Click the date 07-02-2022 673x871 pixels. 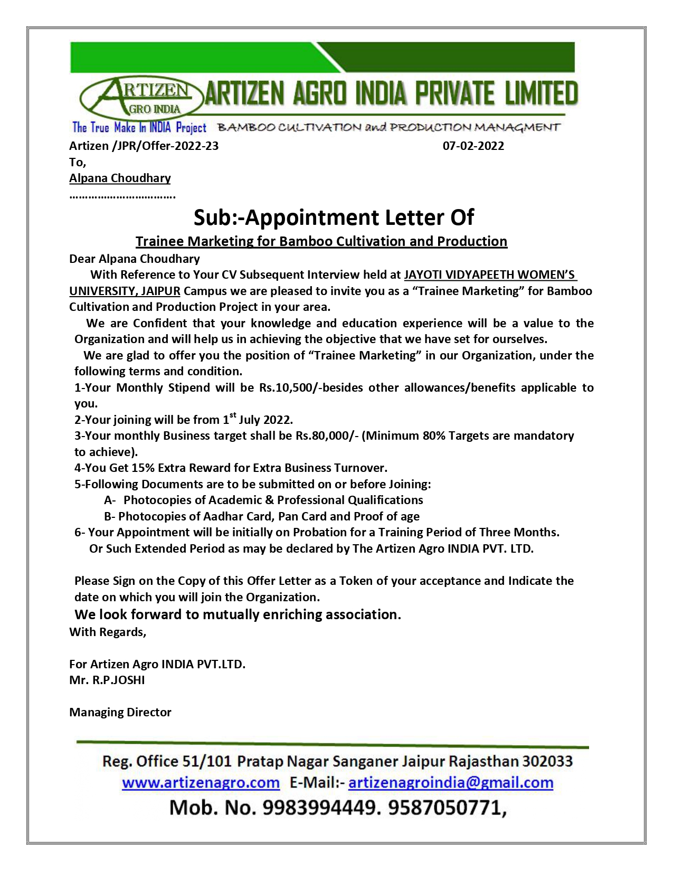click(473, 146)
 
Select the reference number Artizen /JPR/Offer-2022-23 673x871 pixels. click(144, 146)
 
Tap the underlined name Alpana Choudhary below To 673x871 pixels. click(120, 178)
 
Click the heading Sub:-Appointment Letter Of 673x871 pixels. click(334, 217)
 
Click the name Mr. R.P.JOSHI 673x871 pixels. click(107, 680)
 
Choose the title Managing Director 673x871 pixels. click(120, 712)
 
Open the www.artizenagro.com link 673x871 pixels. click(201, 782)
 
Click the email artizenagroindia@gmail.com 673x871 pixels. click(451, 782)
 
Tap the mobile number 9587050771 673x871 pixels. click(446, 808)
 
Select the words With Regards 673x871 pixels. click(107, 632)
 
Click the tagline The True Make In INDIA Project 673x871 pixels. click(139, 127)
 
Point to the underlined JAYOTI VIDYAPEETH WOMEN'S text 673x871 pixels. click(490, 274)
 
